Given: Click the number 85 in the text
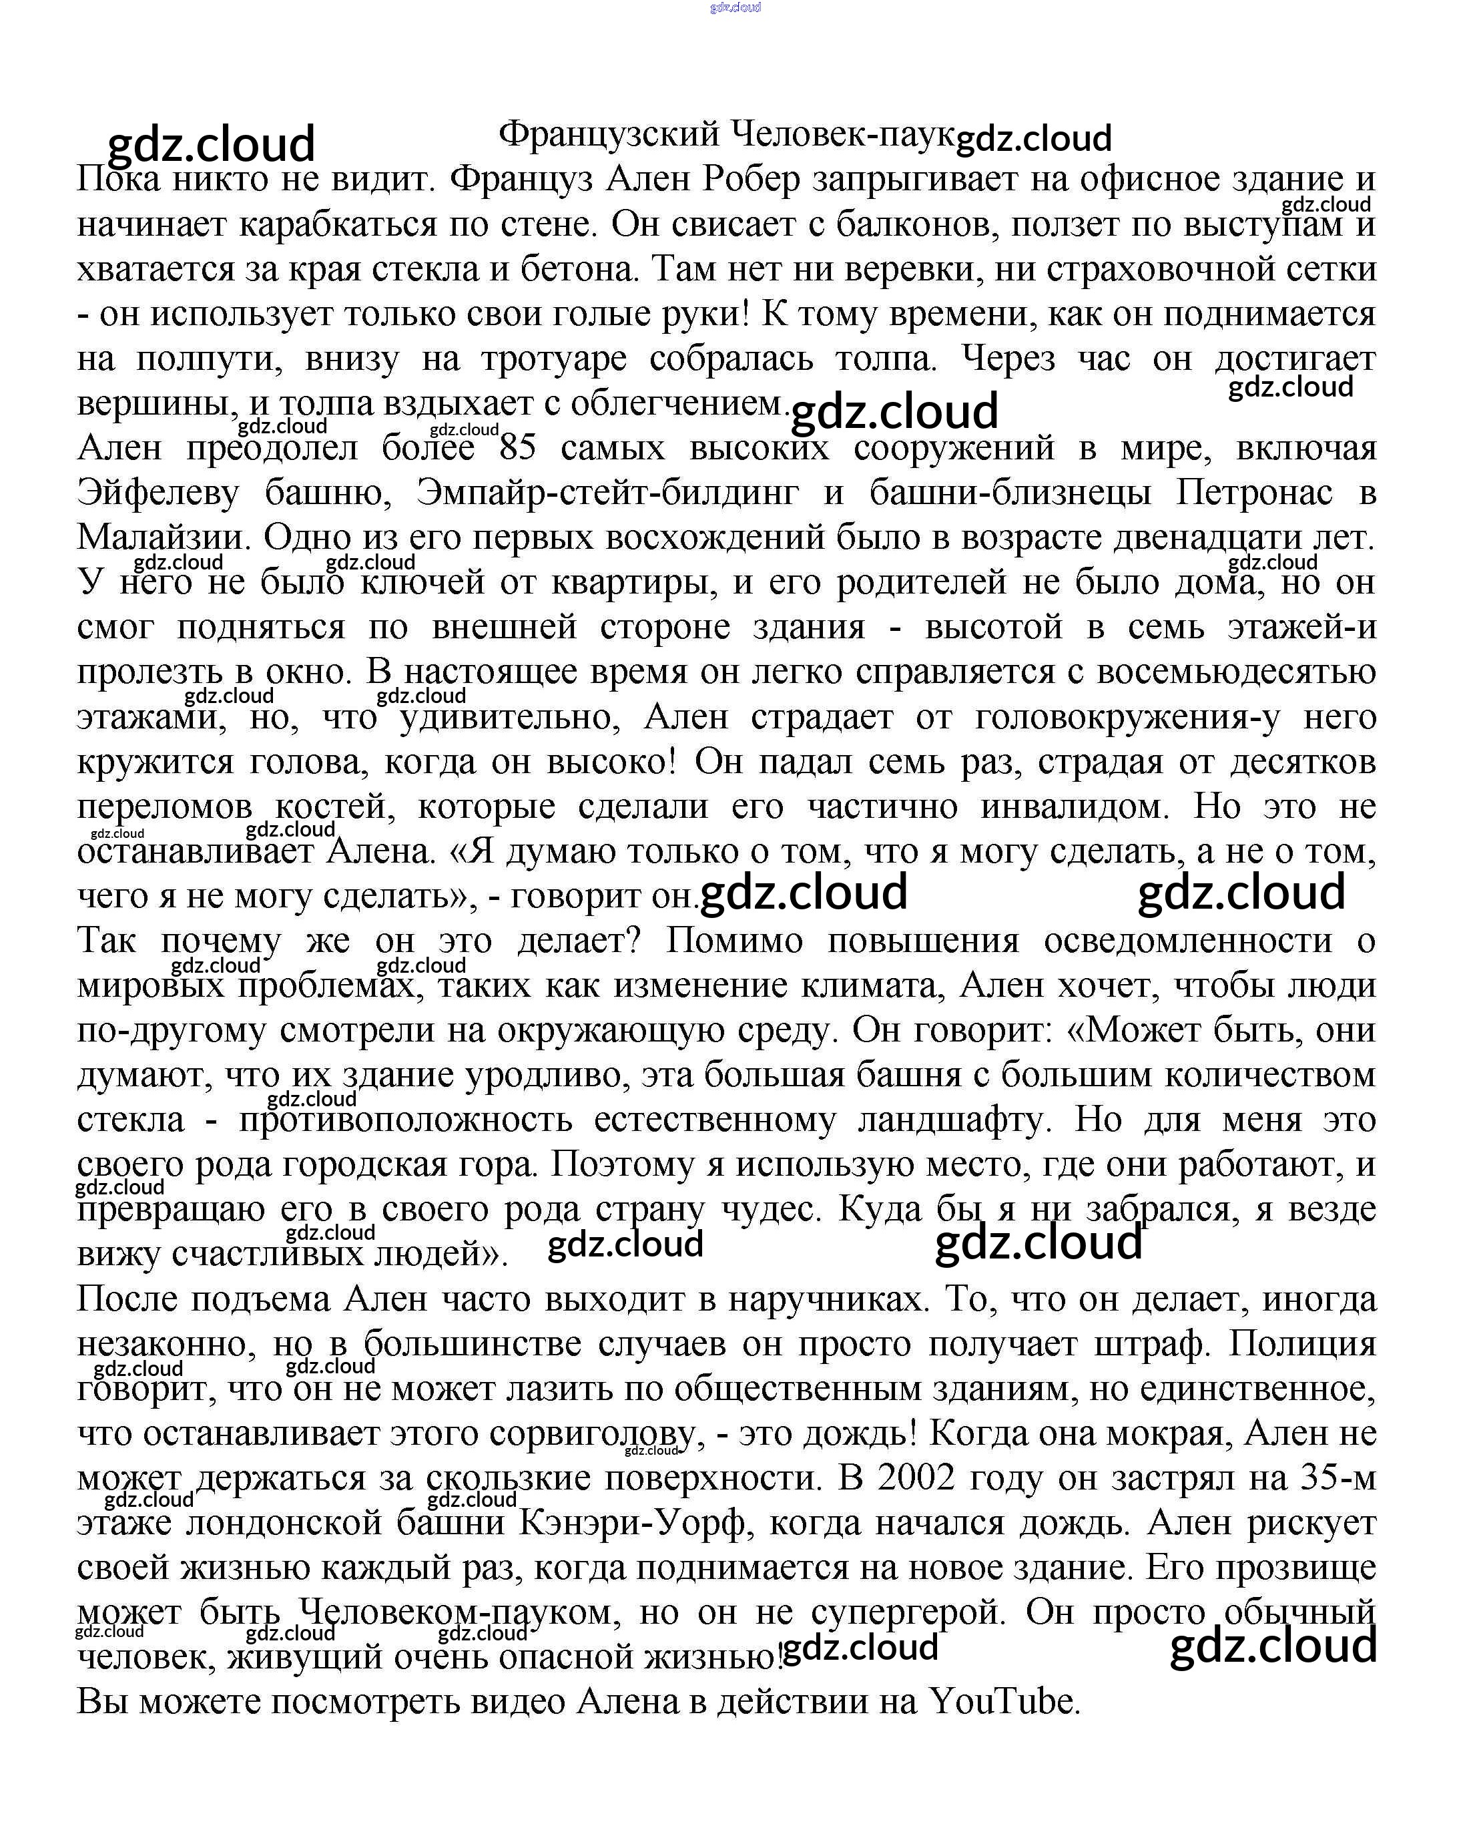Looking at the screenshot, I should [x=517, y=447].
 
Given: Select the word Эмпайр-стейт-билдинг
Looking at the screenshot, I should [x=607, y=492].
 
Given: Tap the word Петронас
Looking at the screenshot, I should [x=1254, y=492].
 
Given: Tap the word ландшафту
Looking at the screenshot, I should [x=954, y=1120].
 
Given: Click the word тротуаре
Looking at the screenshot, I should [x=554, y=359].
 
